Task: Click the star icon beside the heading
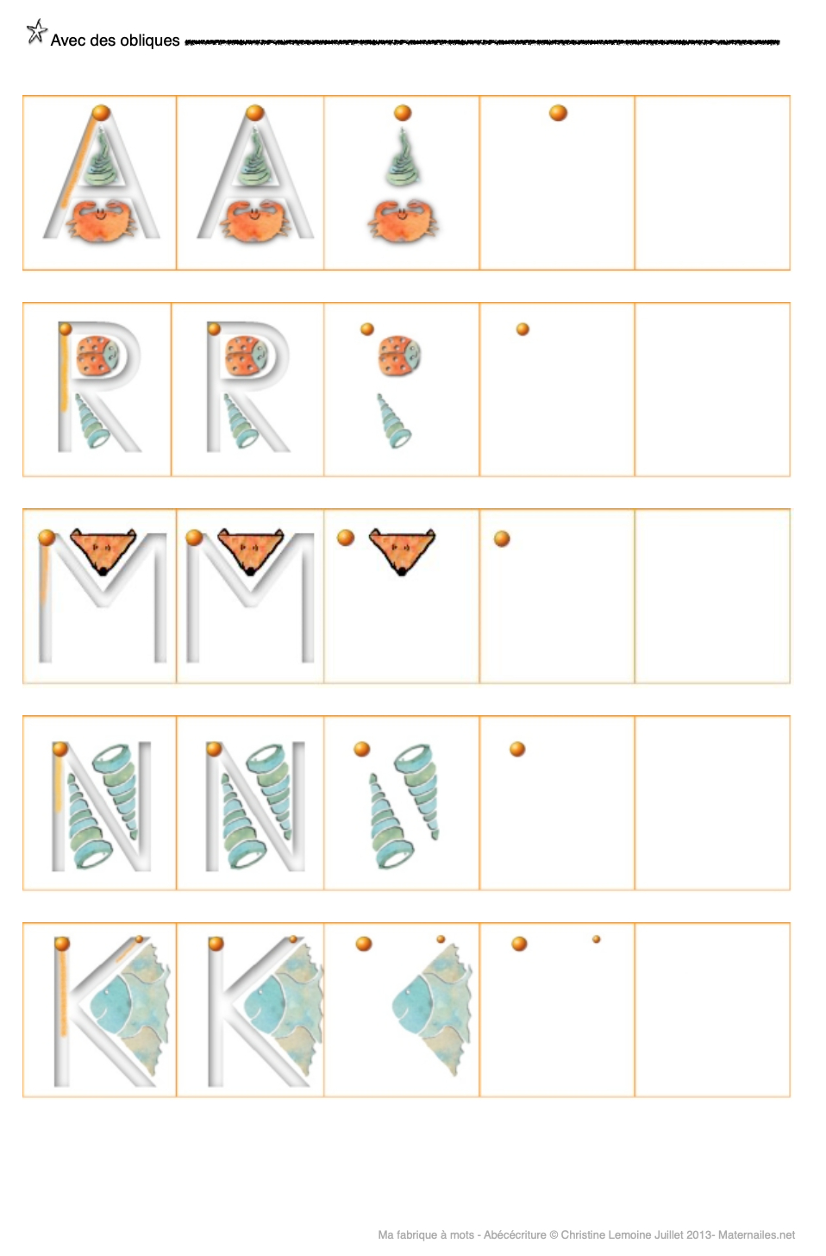37,31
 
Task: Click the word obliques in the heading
150,41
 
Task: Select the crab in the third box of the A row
403,221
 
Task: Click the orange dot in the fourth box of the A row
558,113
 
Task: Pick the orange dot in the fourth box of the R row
523,330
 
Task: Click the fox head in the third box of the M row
402,550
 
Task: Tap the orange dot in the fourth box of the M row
502,539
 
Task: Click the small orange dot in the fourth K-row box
597,939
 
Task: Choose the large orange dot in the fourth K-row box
519,944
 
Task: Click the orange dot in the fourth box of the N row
517,749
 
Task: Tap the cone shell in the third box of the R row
394,421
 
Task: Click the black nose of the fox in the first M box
102,571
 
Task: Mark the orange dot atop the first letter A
101,113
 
